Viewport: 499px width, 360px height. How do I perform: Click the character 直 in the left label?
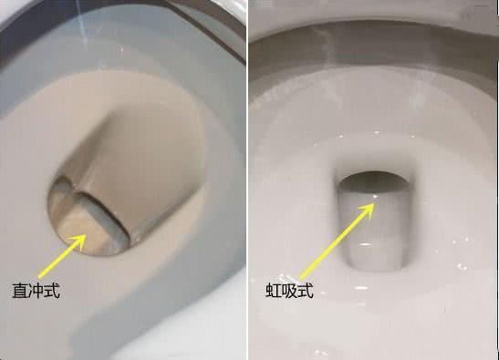[20, 291]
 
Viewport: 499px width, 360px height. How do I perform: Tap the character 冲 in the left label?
[36, 291]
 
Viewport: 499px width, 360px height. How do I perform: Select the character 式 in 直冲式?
[52, 291]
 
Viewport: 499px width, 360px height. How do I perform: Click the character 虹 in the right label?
[274, 291]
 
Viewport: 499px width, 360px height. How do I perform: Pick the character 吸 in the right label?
[289, 291]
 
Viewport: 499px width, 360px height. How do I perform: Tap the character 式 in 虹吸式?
[306, 291]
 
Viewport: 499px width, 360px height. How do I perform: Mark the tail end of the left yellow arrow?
[40, 277]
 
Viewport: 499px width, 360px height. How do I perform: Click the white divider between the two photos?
[247, 180]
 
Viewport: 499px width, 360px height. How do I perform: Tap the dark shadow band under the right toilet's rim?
[372, 47]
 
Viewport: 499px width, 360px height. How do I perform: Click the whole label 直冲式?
[36, 291]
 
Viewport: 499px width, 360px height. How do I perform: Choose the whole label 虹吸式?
[289, 291]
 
